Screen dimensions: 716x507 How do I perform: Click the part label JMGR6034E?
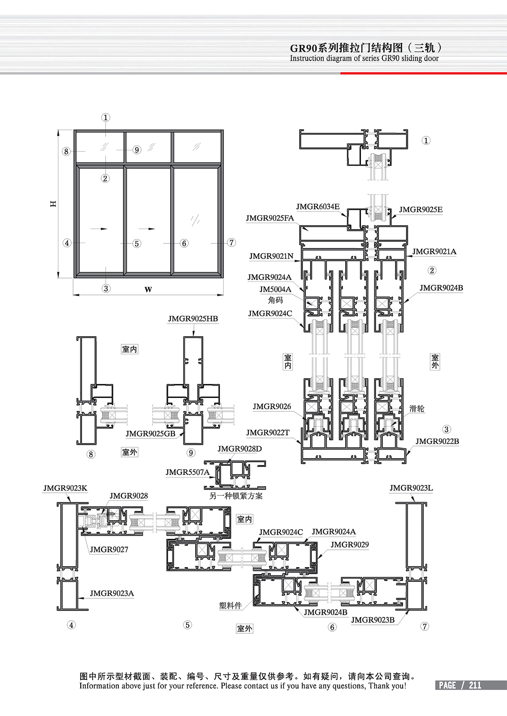[318, 207]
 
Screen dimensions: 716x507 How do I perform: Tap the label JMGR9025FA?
[270, 218]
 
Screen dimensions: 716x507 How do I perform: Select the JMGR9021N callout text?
[271, 256]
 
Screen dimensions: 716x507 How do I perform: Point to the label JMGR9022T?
[268, 432]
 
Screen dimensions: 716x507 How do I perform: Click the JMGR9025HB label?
[193, 319]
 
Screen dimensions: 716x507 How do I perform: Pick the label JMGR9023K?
[65, 488]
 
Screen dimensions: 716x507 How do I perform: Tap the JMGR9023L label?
[411, 488]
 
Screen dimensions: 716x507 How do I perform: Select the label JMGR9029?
[349, 545]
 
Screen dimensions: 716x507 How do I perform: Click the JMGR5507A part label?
[187, 472]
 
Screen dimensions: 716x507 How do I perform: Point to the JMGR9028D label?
[240, 449]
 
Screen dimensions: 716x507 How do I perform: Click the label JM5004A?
[275, 289]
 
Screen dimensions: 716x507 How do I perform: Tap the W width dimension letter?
[148, 289]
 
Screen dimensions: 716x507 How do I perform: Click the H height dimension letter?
[53, 203]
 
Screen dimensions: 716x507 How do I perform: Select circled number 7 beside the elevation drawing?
[231, 243]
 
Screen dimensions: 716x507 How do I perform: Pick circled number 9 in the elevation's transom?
[136, 150]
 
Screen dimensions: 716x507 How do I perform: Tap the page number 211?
[475, 685]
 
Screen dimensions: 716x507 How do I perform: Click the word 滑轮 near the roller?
[417, 408]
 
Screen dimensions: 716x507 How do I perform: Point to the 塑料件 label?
[230, 605]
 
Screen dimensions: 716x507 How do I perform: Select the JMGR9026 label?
[272, 406]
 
